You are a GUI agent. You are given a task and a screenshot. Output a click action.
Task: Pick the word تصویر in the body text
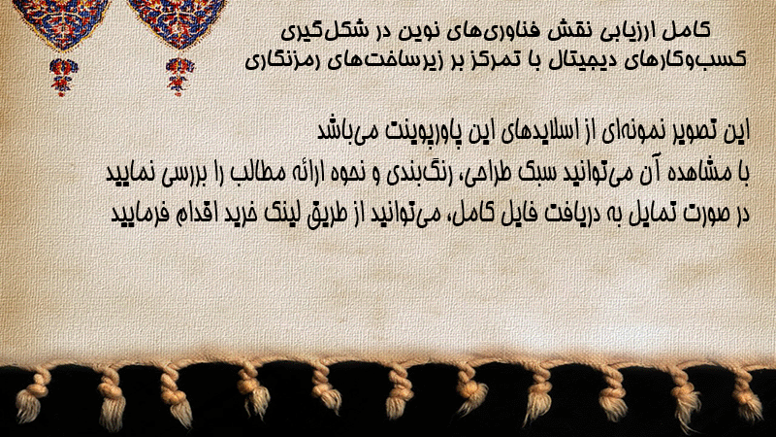[x=695, y=131]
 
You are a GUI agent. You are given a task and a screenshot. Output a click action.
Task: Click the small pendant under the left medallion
[x=63, y=77]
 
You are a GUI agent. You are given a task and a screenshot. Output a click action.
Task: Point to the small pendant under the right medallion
[x=179, y=77]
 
